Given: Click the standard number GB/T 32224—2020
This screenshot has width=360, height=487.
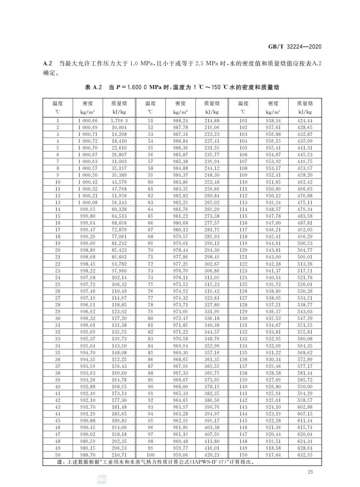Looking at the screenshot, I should pos(295,46).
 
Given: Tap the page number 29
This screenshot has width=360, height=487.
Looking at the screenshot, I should pos(311,472).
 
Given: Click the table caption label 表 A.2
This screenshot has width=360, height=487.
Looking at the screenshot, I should pos(93,87).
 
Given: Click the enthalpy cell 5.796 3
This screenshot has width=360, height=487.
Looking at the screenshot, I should pos(119,121).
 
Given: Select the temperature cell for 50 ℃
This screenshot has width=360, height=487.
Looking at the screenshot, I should pos(58,455).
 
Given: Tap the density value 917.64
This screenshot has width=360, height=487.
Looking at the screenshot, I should pos(273,455).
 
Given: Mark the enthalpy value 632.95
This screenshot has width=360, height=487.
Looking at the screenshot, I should pos(305,455).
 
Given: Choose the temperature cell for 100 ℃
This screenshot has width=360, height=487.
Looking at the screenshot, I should pos(150,455).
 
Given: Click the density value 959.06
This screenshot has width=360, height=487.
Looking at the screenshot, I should pos(180,455).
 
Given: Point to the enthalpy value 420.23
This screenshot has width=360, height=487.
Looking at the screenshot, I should pos(212,455).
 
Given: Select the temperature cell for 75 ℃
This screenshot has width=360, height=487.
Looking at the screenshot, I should pos(150,284).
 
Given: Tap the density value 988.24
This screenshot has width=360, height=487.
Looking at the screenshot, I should pos(180,121).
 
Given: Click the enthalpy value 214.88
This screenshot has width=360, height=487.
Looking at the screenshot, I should pos(212,121).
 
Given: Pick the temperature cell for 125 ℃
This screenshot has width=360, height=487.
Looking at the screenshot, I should pos(243,284).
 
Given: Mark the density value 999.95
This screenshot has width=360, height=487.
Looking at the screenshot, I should pos(88,209).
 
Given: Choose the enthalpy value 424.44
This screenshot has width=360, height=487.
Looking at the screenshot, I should pos(305,121).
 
